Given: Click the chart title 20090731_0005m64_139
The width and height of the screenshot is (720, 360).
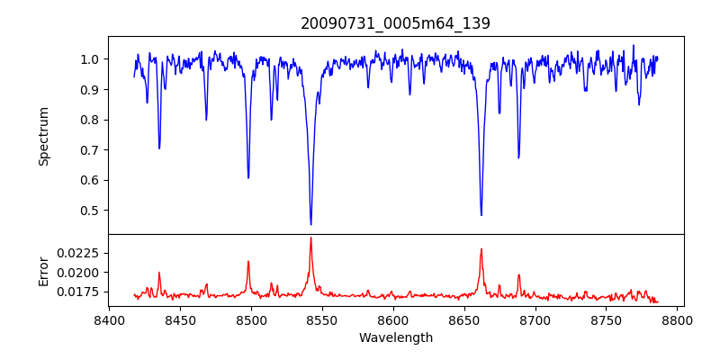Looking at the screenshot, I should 395,23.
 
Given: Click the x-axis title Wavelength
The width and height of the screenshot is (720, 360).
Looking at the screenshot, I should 395,337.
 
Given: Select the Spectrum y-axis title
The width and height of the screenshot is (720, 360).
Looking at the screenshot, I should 43,136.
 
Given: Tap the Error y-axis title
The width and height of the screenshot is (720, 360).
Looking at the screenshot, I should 43,270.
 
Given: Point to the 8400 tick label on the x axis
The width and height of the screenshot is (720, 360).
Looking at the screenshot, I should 109,319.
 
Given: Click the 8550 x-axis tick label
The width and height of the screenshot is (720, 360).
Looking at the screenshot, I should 322,319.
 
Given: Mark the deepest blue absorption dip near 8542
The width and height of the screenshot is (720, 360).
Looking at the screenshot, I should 310,224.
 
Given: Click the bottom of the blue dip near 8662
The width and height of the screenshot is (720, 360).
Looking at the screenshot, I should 481,215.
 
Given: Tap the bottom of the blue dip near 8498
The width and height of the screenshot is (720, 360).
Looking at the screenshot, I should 248,177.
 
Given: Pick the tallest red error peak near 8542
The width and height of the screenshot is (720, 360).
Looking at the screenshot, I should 310,238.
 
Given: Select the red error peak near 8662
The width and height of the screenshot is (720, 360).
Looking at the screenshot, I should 481,249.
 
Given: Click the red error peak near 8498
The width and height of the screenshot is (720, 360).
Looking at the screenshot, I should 248,262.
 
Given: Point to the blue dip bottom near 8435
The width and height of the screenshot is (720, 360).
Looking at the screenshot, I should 159,148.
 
